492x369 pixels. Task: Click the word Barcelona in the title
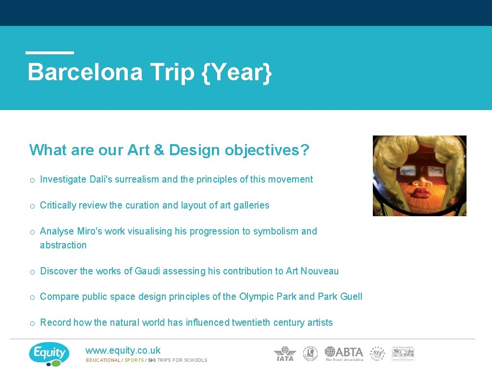[85, 72]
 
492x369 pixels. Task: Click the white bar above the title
[50, 52]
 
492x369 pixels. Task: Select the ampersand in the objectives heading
[159, 150]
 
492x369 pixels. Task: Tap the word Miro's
[89, 231]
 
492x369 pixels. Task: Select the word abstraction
[63, 245]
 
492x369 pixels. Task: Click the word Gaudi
[148, 271]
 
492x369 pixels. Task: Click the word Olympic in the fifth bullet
[257, 296]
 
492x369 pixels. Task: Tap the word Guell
[351, 296]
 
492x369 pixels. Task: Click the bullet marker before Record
[32, 323]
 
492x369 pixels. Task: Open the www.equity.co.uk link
[123, 351]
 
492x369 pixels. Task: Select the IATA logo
[285, 354]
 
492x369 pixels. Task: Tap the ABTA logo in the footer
[344, 354]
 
